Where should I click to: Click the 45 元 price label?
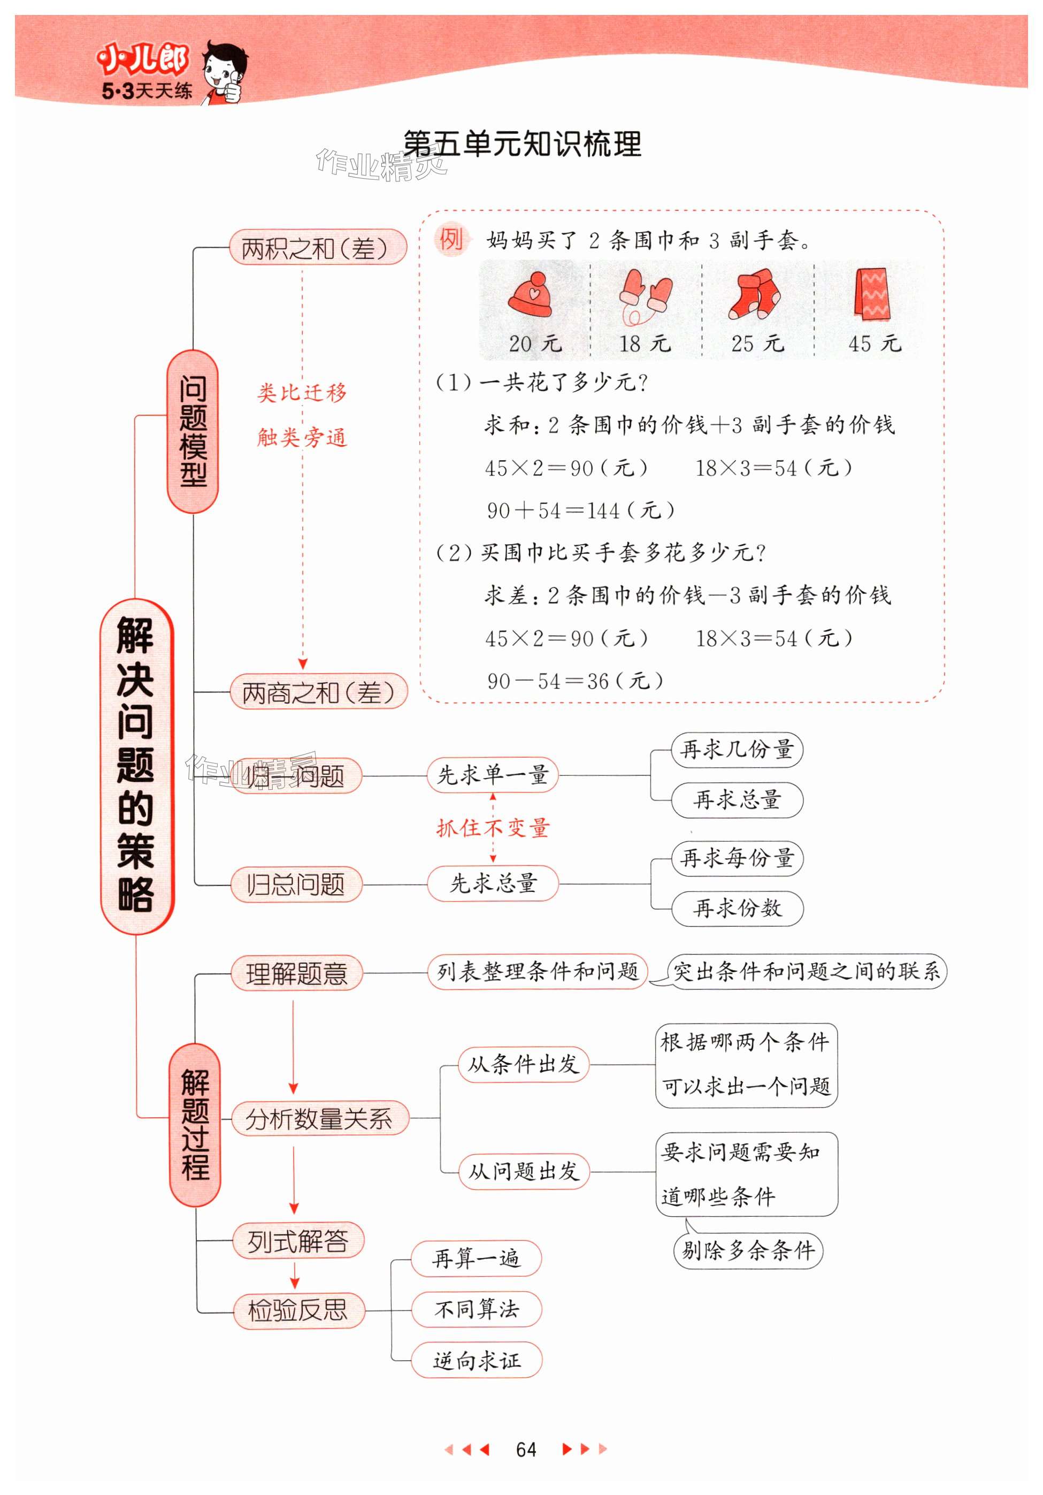[875, 343]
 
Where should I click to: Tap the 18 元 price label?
[644, 343]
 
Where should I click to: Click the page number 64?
[525, 1449]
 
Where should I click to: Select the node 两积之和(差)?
[318, 247]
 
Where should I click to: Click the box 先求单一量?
[492, 775]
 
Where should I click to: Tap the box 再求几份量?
[737, 750]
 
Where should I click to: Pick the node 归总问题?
[296, 884]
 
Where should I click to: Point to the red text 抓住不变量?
[493, 828]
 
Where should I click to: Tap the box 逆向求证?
[476, 1360]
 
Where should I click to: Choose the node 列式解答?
[298, 1241]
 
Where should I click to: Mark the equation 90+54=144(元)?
[581, 510]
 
